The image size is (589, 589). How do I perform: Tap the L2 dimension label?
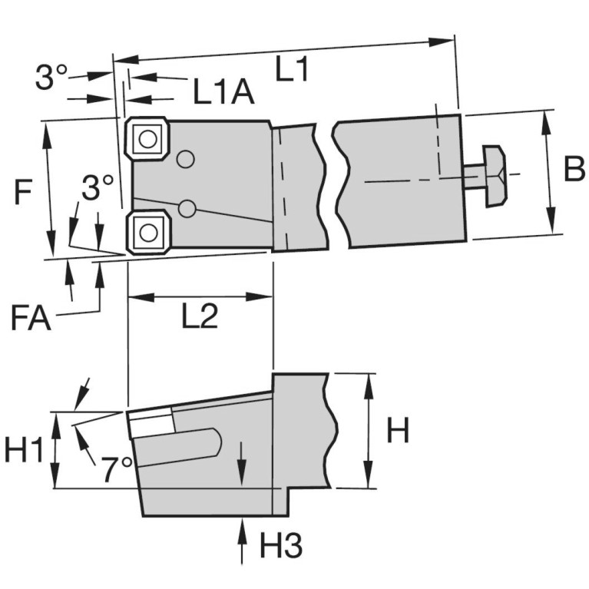pos(200,316)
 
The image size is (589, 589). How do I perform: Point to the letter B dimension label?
pos(574,170)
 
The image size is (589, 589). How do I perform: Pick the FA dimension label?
pos(31,317)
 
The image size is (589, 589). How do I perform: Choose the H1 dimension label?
pos(24,450)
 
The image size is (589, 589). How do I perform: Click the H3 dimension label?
pos(280,546)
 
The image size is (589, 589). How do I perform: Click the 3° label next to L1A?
pos(51,78)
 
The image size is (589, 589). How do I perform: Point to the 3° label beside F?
pos(98,188)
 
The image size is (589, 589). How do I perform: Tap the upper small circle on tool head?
pos(184,160)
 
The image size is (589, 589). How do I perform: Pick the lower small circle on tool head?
pos(186,209)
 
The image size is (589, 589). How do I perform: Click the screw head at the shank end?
pos(493,176)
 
